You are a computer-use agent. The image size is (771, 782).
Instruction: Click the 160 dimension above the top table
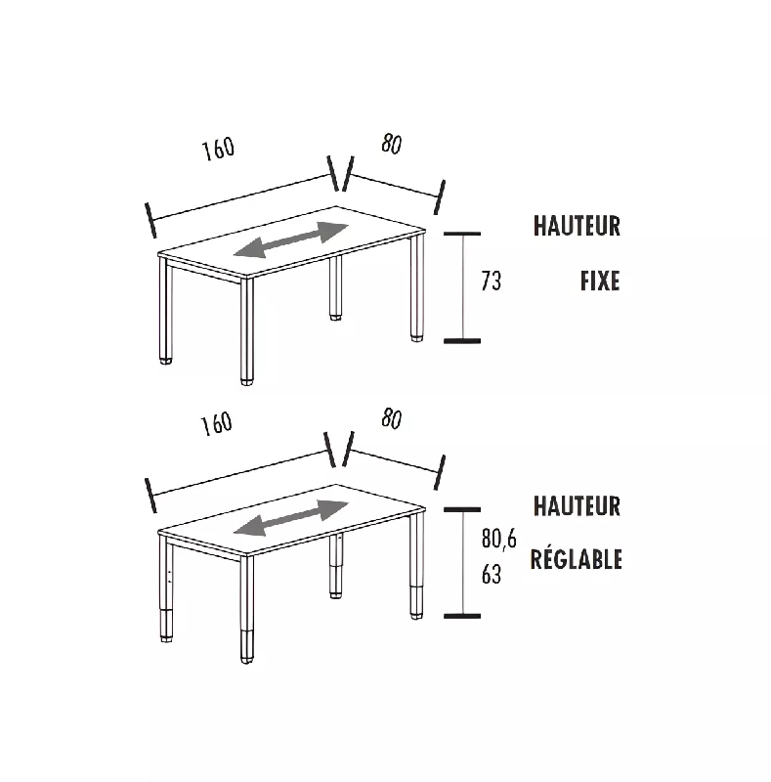(219, 150)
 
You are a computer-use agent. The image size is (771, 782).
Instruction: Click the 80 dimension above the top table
(391, 145)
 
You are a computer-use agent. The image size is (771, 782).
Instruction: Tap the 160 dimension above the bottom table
(216, 423)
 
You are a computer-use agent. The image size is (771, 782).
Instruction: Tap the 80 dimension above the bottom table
(391, 419)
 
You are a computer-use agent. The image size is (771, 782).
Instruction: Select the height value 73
(492, 282)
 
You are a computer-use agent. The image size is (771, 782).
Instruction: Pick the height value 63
(492, 575)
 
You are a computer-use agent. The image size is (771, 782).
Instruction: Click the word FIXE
(599, 282)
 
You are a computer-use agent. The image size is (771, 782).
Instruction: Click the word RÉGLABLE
(576, 560)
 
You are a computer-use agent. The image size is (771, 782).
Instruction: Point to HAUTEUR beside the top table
(577, 227)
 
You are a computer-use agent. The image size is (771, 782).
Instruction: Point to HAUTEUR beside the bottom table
(577, 506)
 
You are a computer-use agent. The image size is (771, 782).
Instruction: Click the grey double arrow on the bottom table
(291, 518)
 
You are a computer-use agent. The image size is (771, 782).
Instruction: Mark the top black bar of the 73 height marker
(462, 234)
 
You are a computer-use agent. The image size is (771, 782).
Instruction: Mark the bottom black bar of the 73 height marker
(462, 340)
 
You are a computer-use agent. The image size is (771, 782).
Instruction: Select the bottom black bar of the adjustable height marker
(462, 616)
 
